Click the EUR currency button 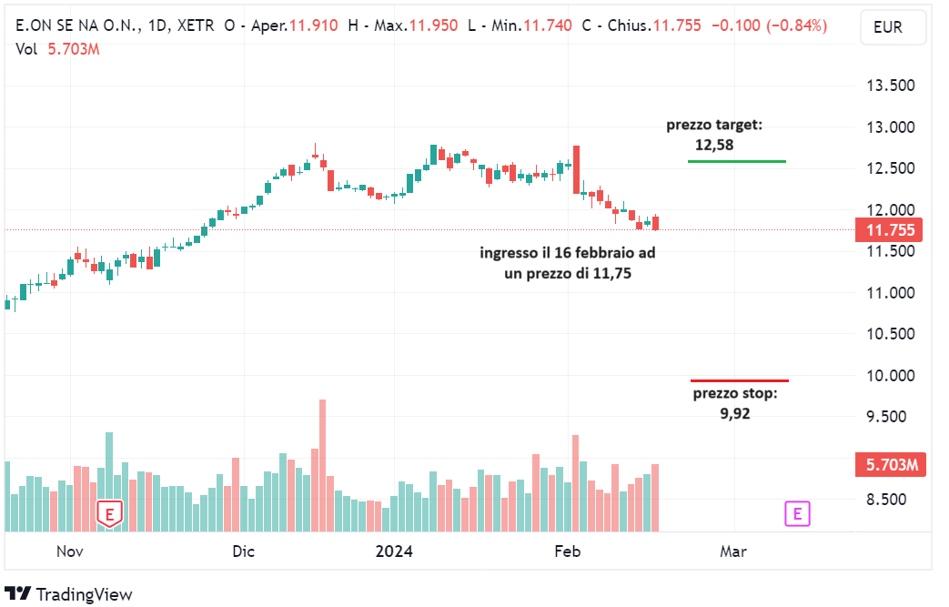[887, 27]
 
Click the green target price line [736, 161]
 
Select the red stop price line [739, 380]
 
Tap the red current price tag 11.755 [890, 230]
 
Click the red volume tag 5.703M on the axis [890, 465]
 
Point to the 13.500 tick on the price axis [889, 86]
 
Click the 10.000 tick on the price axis [889, 376]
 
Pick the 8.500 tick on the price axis [889, 500]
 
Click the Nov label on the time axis [70, 551]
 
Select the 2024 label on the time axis [394, 551]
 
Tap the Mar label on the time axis [732, 551]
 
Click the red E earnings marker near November [110, 514]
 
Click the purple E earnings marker [797, 514]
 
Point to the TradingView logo [68, 594]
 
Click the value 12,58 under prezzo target [713, 144]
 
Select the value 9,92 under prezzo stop [734, 412]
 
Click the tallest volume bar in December [322, 464]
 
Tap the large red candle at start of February [576, 169]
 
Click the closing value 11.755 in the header [677, 25]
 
